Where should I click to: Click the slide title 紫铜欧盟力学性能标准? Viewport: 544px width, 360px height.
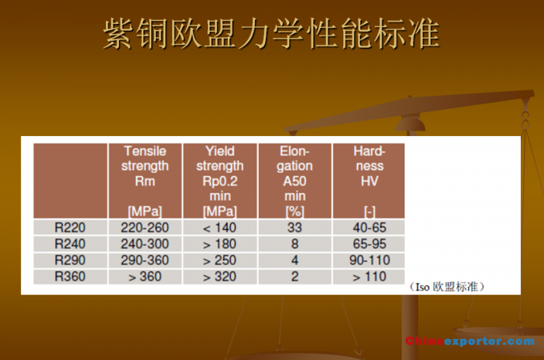click(x=271, y=33)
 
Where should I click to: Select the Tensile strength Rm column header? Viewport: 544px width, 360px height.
click(x=145, y=181)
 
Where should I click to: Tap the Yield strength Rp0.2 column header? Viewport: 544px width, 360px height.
click(x=220, y=181)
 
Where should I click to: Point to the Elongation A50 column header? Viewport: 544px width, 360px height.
click(x=295, y=181)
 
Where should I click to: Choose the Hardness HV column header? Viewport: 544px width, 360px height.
click(x=369, y=181)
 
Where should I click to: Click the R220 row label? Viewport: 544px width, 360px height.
click(x=70, y=228)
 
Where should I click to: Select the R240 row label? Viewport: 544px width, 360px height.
click(x=70, y=244)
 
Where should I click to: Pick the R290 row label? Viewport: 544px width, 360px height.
click(x=70, y=261)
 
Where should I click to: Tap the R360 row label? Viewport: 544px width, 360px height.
click(x=70, y=277)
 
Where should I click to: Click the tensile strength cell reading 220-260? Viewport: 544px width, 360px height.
click(x=145, y=228)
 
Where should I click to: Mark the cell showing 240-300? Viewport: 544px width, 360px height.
click(x=145, y=244)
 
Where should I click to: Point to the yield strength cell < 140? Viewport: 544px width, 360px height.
click(x=220, y=228)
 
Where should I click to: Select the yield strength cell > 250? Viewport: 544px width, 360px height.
click(x=220, y=261)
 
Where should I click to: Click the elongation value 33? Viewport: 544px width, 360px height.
click(x=295, y=228)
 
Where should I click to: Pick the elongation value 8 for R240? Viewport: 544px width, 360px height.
click(x=295, y=244)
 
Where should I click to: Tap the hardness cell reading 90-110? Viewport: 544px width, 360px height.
click(x=369, y=261)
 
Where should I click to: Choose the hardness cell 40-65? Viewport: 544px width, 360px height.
click(x=369, y=228)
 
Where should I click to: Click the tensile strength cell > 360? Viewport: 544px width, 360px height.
click(x=145, y=277)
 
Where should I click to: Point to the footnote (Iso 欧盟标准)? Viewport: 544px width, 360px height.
click(x=447, y=287)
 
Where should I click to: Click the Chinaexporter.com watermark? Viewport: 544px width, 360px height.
click(x=470, y=341)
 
